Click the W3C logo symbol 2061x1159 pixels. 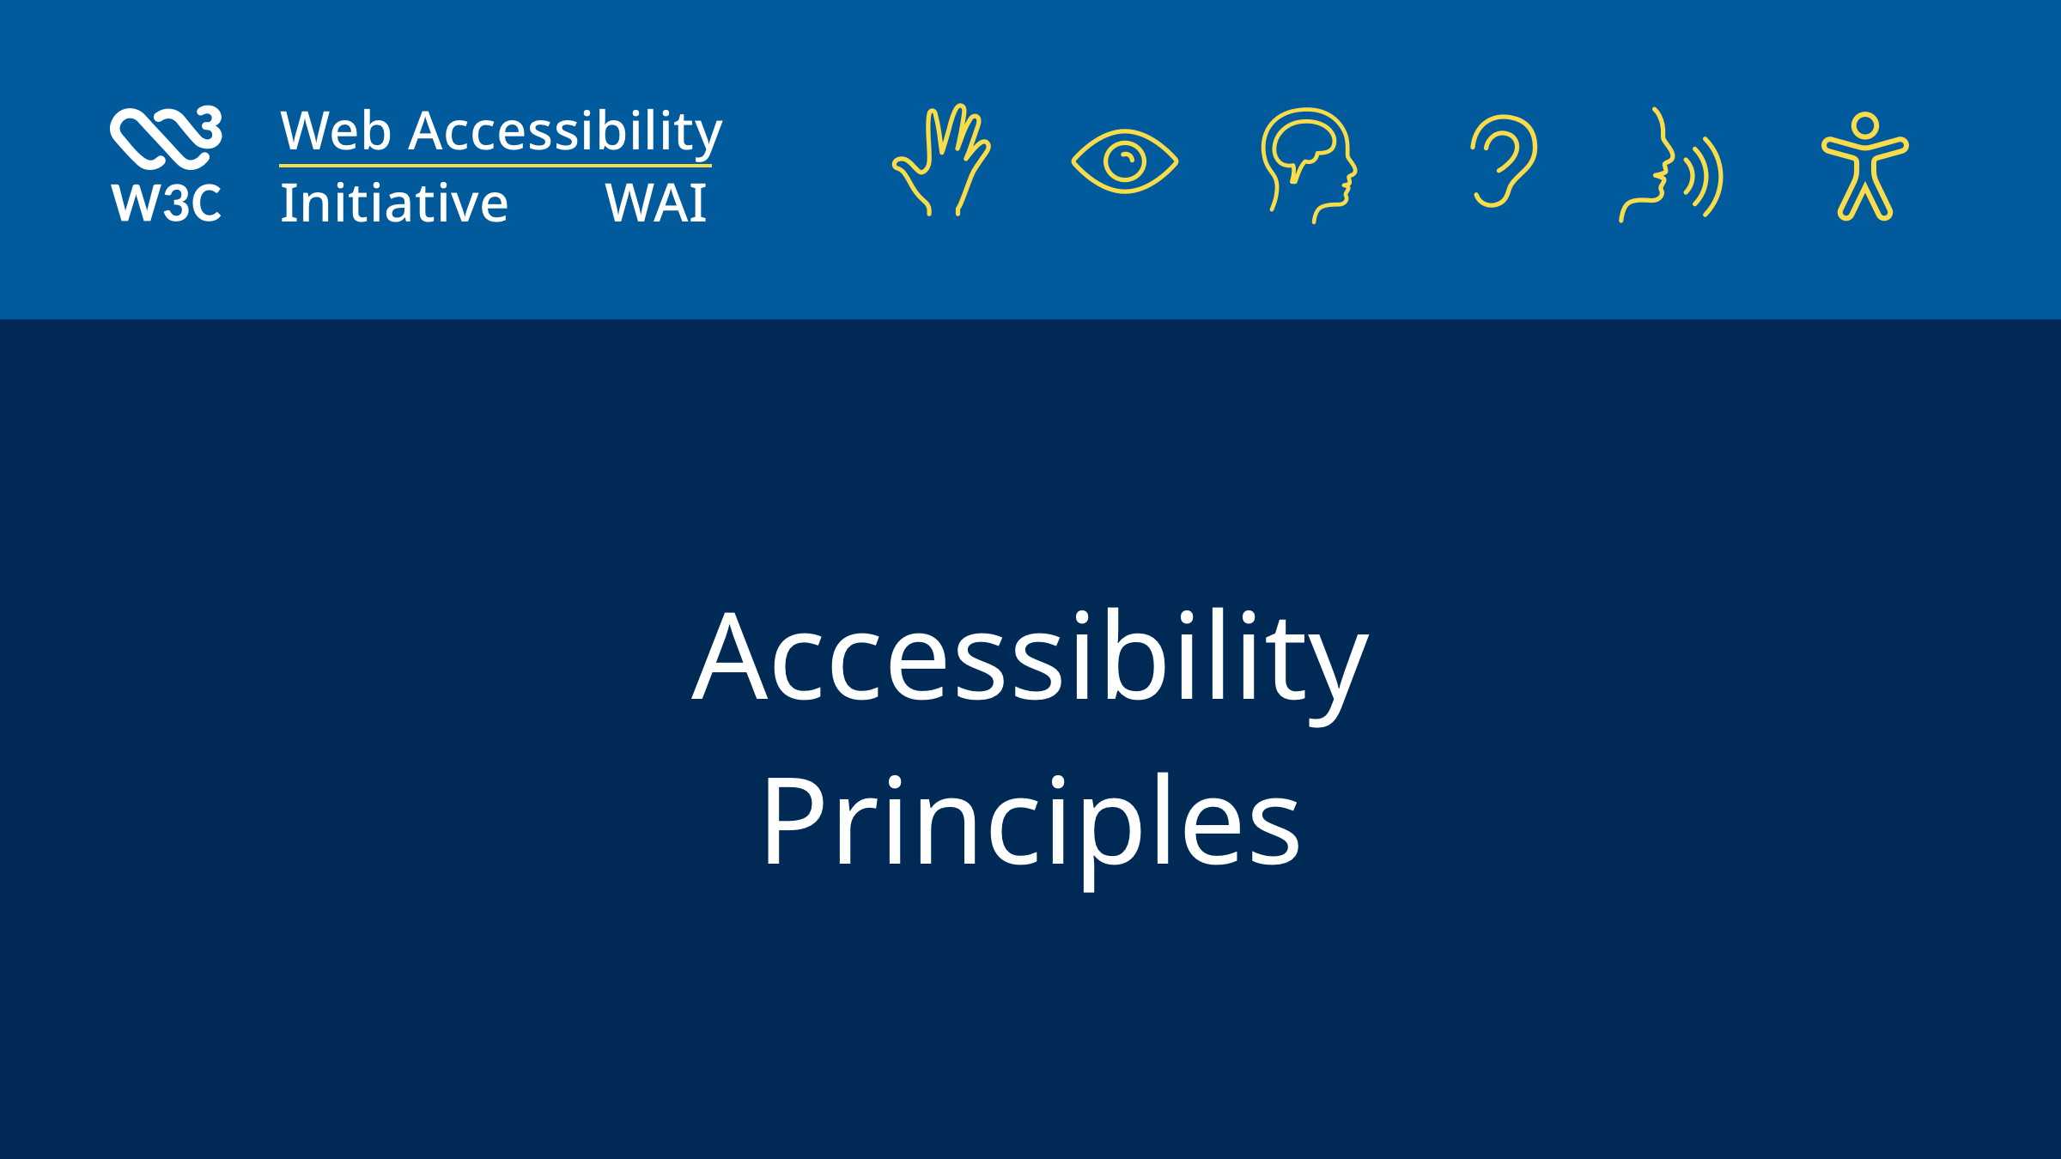click(x=165, y=137)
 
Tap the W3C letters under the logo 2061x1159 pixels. click(x=166, y=203)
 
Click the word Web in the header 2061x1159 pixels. click(x=335, y=131)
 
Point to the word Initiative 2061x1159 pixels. click(x=394, y=203)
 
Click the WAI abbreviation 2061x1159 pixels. click(x=655, y=203)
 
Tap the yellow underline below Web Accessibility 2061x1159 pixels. click(x=495, y=166)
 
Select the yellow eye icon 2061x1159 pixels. click(x=1124, y=161)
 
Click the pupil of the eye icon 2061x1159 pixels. click(x=1125, y=161)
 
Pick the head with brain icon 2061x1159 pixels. click(x=1308, y=163)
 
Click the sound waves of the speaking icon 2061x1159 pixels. click(x=1705, y=177)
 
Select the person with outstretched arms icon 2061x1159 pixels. click(x=1864, y=167)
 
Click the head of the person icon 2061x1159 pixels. click(x=1864, y=126)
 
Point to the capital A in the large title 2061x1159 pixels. click(x=729, y=657)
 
